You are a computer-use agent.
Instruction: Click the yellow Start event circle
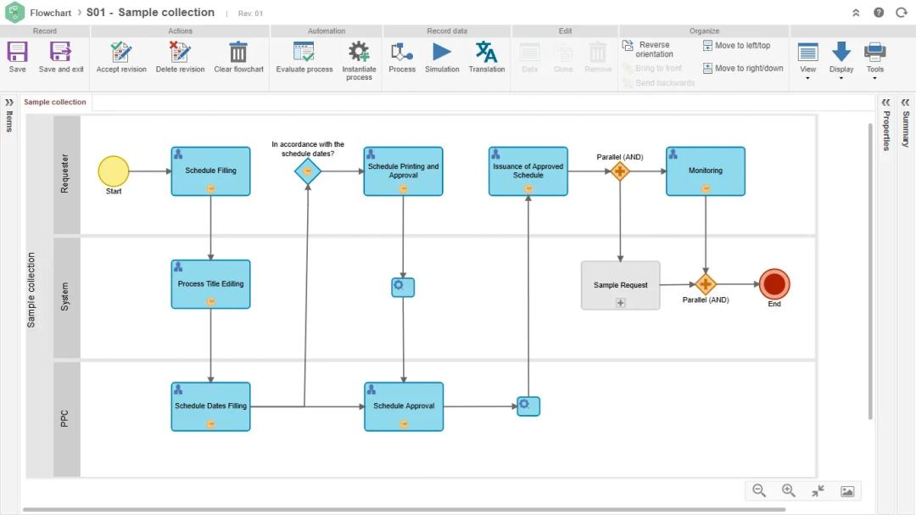point(114,171)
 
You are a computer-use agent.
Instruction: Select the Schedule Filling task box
point(210,171)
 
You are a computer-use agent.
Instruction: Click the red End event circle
point(774,284)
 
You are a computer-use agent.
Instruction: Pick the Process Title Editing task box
point(210,283)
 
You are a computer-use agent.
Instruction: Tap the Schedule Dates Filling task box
point(210,406)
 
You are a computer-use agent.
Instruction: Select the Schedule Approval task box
point(404,406)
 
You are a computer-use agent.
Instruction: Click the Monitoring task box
point(706,171)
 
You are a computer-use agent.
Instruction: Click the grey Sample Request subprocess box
point(620,285)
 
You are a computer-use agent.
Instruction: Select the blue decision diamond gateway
point(308,171)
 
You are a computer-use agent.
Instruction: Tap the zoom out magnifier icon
point(759,490)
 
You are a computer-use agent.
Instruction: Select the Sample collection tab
point(55,103)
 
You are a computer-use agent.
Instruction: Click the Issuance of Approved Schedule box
point(528,171)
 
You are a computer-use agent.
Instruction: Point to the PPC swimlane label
point(65,418)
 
